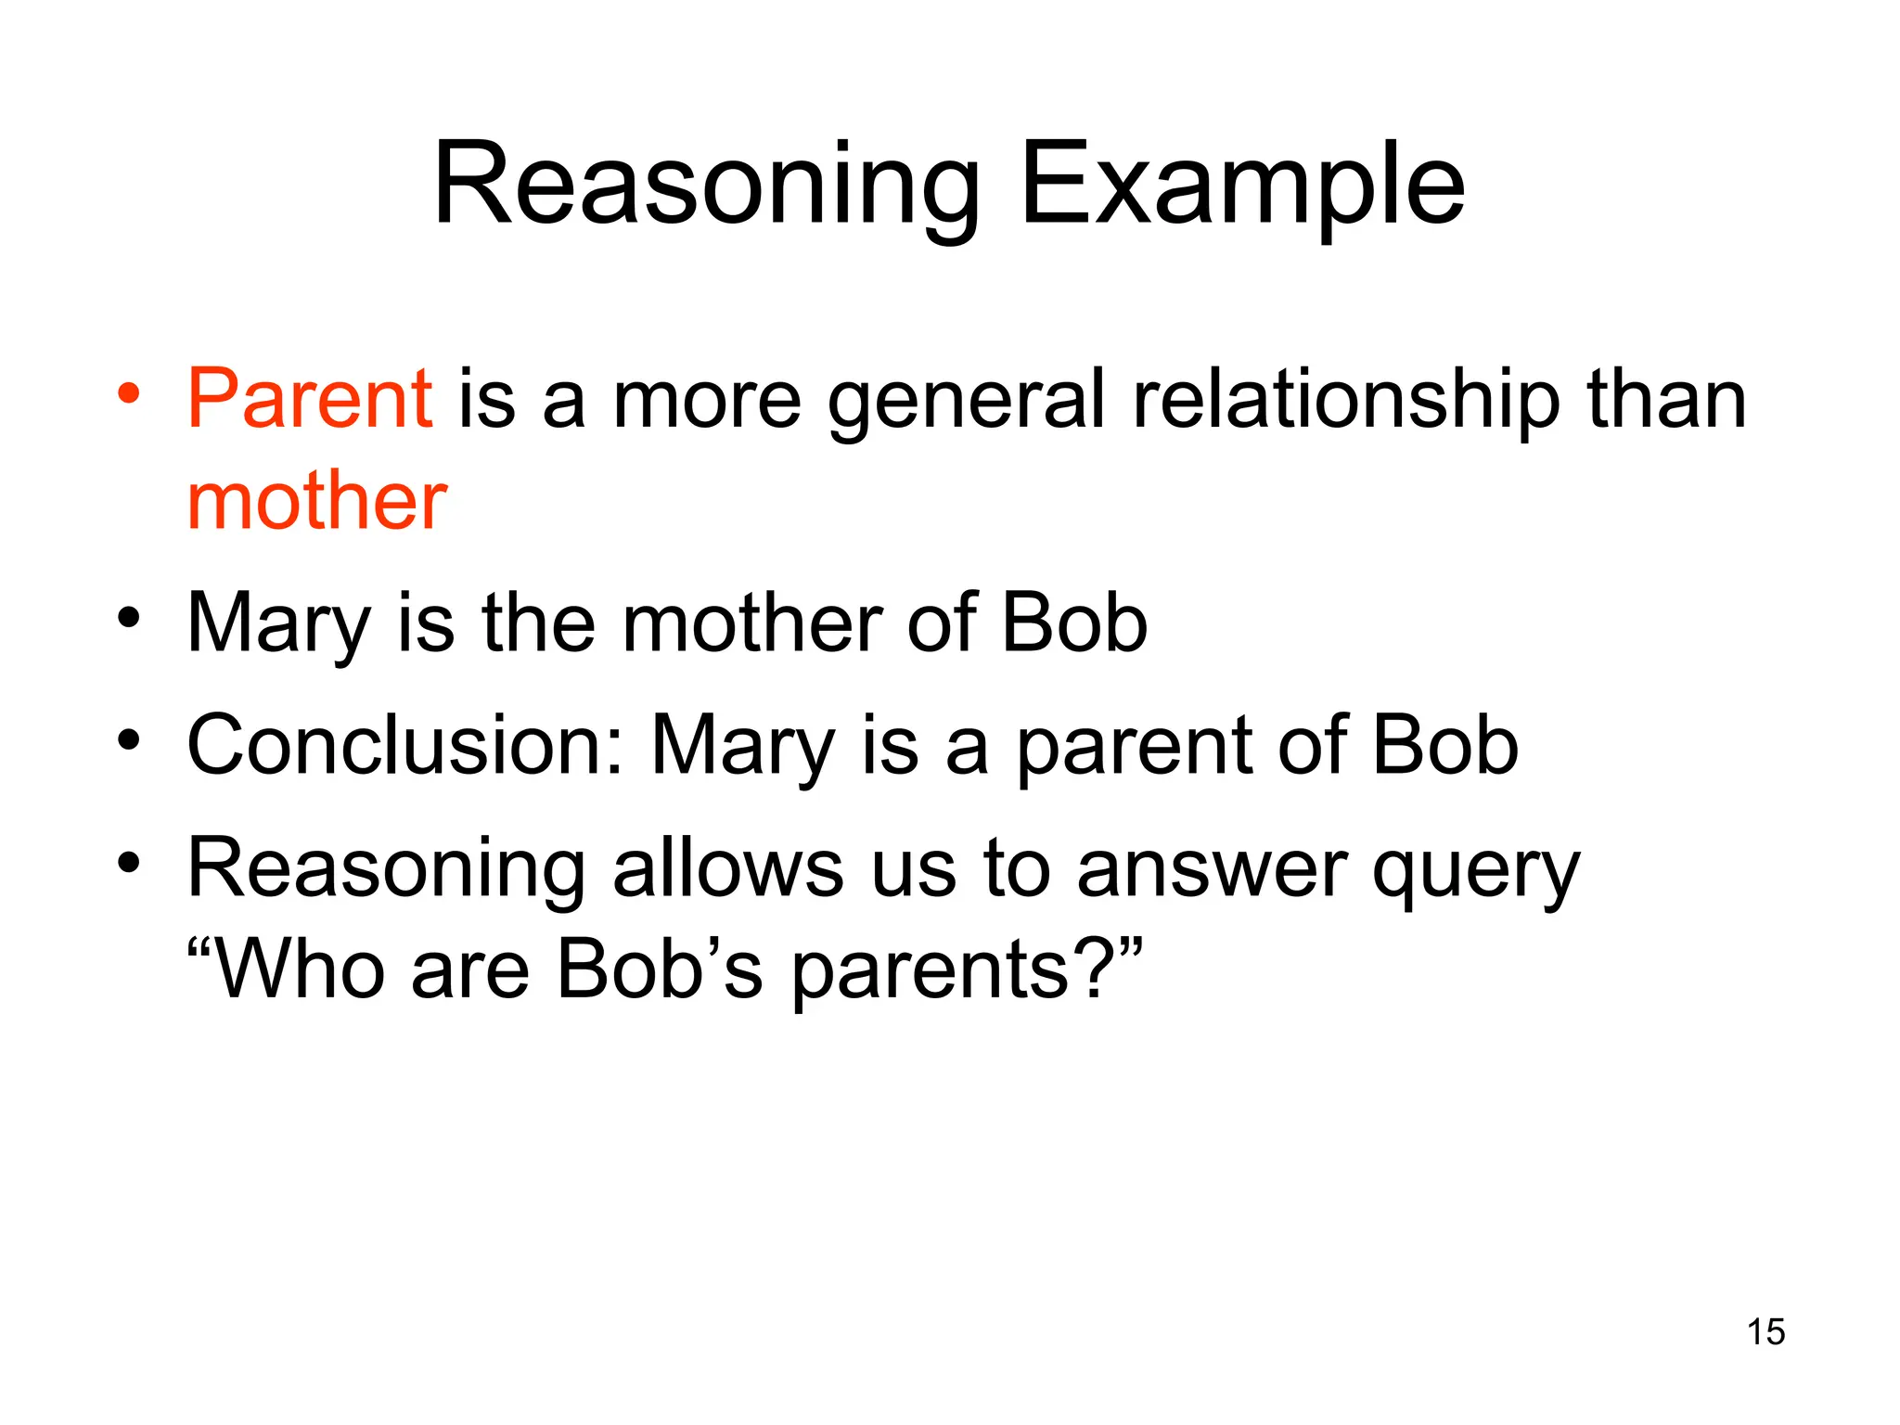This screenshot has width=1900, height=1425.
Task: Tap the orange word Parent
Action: [310, 399]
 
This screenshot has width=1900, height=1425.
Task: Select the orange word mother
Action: [317, 502]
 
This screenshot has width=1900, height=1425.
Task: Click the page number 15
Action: [1765, 1332]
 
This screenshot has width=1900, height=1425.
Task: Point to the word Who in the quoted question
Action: [297, 969]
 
